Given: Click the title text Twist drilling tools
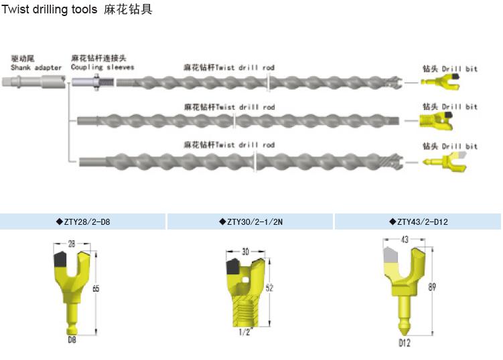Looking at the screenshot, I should pyautogui.click(x=50, y=10).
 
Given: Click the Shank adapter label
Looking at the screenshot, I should pyautogui.click(x=36, y=67).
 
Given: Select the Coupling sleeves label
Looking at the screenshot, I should pyautogui.click(x=102, y=67).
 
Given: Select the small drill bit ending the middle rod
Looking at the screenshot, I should pyautogui.click(x=436, y=121).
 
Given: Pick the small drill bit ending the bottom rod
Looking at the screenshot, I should pyautogui.click(x=441, y=161).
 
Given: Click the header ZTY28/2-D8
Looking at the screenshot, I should pyautogui.click(x=83, y=221).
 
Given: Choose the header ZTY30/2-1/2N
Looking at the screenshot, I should pyautogui.click(x=251, y=221).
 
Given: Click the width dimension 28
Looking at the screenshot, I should pyautogui.click(x=70, y=245).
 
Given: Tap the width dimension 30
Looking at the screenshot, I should pyautogui.click(x=245, y=252).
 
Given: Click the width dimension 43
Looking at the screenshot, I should pyautogui.click(x=404, y=239).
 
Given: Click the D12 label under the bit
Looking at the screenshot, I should pyautogui.click(x=404, y=343).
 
